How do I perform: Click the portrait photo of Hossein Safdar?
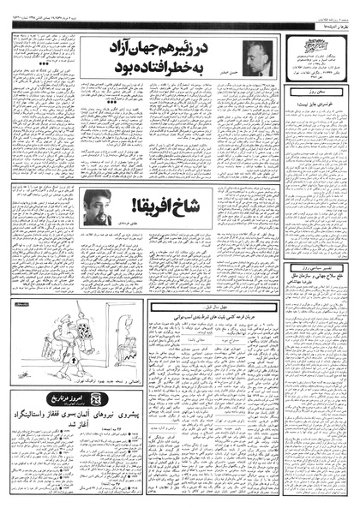pyautogui.click(x=256, y=53)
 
